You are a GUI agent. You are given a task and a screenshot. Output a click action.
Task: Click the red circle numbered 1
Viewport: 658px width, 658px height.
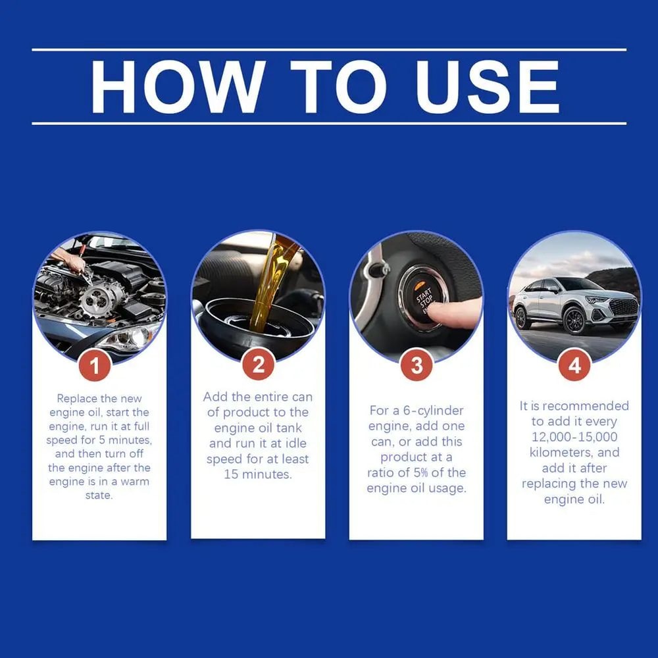click(95, 367)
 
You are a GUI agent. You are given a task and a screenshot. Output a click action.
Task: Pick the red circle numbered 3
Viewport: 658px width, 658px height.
click(417, 367)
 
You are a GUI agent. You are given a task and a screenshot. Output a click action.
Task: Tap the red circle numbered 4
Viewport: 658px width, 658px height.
click(574, 367)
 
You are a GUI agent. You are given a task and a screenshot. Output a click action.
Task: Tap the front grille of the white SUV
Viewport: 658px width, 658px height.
click(622, 307)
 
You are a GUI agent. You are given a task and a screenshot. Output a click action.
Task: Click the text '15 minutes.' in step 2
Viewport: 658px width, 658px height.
click(258, 474)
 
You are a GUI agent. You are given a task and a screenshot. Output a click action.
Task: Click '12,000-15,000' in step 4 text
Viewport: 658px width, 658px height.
click(574, 437)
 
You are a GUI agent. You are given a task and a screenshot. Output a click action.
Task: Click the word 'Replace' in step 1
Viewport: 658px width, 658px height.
click(78, 398)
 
